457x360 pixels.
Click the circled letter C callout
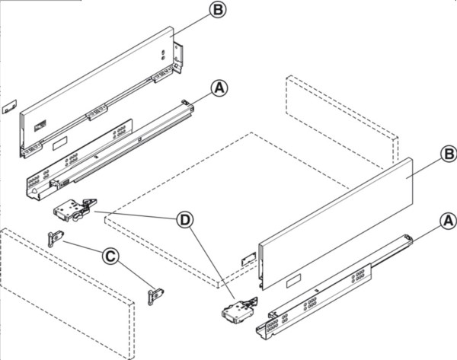pyautogui.click(x=110, y=256)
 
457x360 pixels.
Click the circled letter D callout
pyautogui.click(x=184, y=221)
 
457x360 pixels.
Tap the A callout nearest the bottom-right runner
pyautogui.click(x=448, y=221)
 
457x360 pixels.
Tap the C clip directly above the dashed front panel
pyautogui.click(x=55, y=239)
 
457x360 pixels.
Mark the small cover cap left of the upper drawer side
pyautogui.click(x=9, y=107)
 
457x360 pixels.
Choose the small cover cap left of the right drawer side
pyautogui.click(x=248, y=260)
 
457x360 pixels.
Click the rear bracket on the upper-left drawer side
pyautogui.click(x=178, y=58)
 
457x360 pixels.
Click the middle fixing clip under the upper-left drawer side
pyautogui.click(x=96, y=114)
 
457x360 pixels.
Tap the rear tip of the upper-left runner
pyautogui.click(x=187, y=102)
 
